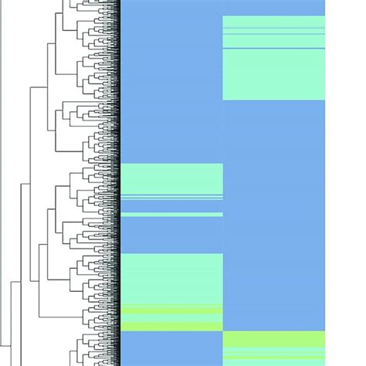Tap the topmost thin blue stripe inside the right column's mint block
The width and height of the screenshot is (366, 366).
point(273,29)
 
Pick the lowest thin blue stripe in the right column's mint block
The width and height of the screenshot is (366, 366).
point(273,49)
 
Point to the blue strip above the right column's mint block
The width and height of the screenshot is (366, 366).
point(273,8)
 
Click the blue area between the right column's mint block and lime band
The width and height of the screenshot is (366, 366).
point(273,216)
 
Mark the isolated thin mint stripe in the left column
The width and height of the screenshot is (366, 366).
point(171,214)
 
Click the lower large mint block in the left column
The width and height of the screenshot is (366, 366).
point(171,278)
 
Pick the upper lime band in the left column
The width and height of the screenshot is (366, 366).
point(171,309)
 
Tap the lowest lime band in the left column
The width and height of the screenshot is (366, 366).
point(171,327)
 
